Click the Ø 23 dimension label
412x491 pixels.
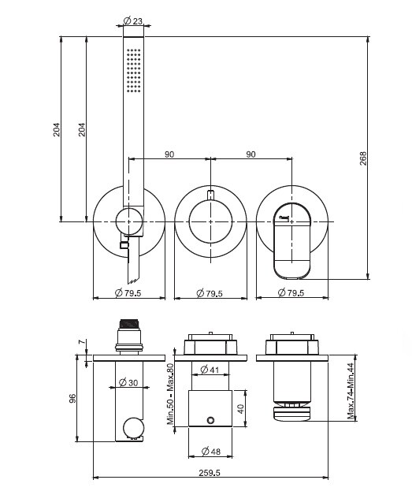point(133,21)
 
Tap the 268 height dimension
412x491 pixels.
point(363,158)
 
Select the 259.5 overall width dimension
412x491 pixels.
point(210,473)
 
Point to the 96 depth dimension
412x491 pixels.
point(72,398)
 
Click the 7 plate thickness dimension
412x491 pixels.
point(82,341)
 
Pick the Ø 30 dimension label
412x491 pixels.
point(128,382)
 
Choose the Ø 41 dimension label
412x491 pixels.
point(210,370)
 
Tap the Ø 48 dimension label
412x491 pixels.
point(211,452)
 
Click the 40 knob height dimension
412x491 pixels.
point(241,409)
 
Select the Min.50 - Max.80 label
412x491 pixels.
point(170,395)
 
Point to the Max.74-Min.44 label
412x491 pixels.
point(351,391)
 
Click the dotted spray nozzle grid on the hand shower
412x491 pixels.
point(134,70)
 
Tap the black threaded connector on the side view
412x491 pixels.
point(129,323)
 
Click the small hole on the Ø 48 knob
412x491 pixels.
point(210,420)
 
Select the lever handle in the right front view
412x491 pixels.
point(292,240)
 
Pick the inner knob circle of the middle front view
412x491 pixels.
point(210,221)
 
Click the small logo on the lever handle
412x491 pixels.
point(284,217)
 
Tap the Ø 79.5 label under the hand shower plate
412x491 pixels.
point(128,293)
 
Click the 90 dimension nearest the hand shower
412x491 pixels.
point(169,154)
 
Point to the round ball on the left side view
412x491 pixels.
point(134,427)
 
